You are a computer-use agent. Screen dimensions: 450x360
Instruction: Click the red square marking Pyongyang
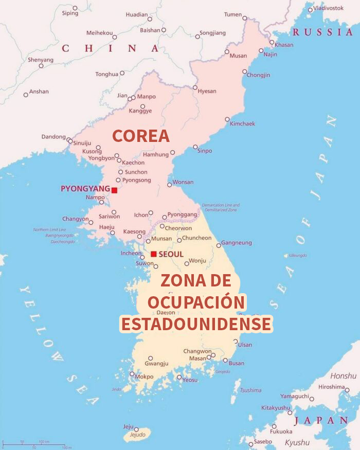click(114, 190)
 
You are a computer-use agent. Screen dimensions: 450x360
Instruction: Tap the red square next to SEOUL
click(153, 254)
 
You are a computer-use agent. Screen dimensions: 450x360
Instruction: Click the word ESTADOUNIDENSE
click(195, 324)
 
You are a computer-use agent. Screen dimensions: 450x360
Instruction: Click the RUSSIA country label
click(323, 32)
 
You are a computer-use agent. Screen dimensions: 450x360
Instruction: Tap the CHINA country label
click(110, 48)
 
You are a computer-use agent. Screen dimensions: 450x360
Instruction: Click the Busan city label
click(237, 363)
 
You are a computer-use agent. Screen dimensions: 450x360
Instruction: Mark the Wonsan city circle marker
click(170, 185)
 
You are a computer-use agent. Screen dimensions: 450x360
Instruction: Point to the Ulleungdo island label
click(298, 256)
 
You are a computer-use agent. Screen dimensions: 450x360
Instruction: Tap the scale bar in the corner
click(34, 445)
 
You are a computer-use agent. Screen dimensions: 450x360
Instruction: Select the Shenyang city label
click(41, 60)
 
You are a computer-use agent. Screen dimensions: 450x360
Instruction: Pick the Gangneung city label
click(237, 243)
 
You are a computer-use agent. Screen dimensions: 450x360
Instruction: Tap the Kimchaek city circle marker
click(227, 119)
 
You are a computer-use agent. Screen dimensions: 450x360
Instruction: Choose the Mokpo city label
click(144, 376)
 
